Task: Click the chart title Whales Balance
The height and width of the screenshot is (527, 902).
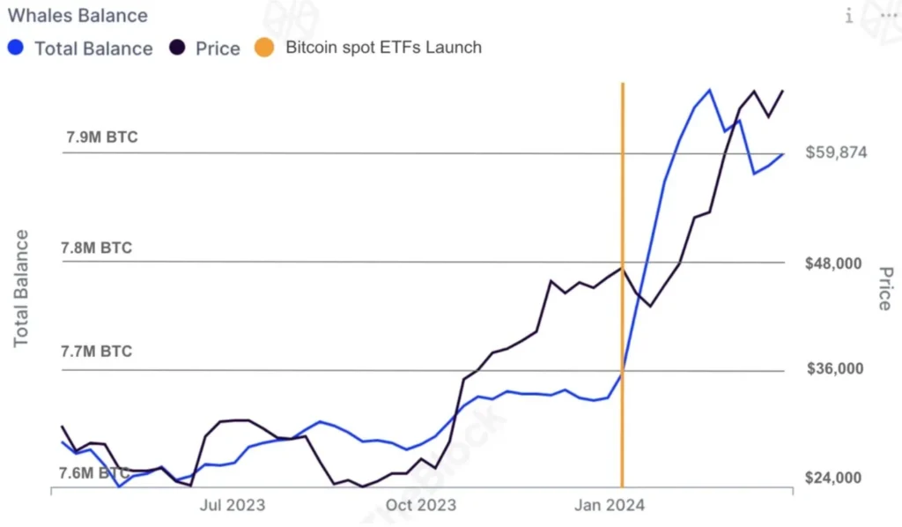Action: pos(78,16)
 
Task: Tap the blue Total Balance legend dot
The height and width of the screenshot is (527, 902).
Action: pos(15,48)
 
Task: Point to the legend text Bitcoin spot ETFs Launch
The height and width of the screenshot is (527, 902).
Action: pos(383,48)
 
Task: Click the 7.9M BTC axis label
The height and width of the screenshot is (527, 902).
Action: pos(102,137)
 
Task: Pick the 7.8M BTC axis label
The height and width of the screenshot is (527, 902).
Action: pos(96,248)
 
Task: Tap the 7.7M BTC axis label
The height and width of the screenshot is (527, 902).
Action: pos(96,352)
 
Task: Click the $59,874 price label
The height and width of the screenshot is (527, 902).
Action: pos(836,152)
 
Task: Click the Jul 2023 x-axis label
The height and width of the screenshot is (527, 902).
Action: pos(233,505)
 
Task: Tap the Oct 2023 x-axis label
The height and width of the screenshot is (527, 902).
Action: pos(422,505)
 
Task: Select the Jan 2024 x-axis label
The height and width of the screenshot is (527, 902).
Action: pos(610,505)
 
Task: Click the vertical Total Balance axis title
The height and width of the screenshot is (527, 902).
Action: pos(22,288)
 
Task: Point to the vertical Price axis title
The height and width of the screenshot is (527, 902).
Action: pos(884,288)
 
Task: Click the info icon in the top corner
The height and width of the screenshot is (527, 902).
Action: pos(849,16)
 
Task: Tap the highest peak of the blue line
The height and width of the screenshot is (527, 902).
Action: pos(709,90)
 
